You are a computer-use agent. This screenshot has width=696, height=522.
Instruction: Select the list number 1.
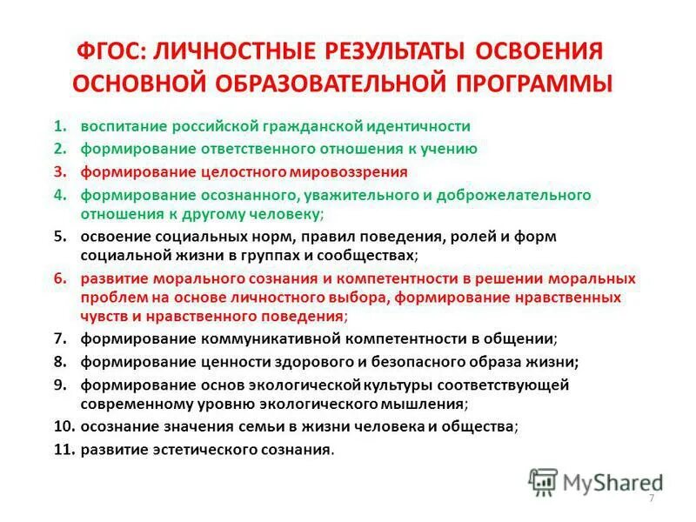[59, 126]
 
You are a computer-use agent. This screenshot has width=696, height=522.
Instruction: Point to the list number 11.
[64, 450]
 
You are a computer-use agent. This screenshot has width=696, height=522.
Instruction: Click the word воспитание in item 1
[120, 126]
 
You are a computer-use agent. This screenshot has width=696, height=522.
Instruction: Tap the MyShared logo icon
[543, 481]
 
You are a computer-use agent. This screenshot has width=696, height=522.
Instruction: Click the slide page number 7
[651, 497]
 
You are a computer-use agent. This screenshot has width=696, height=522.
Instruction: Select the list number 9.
[59, 385]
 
